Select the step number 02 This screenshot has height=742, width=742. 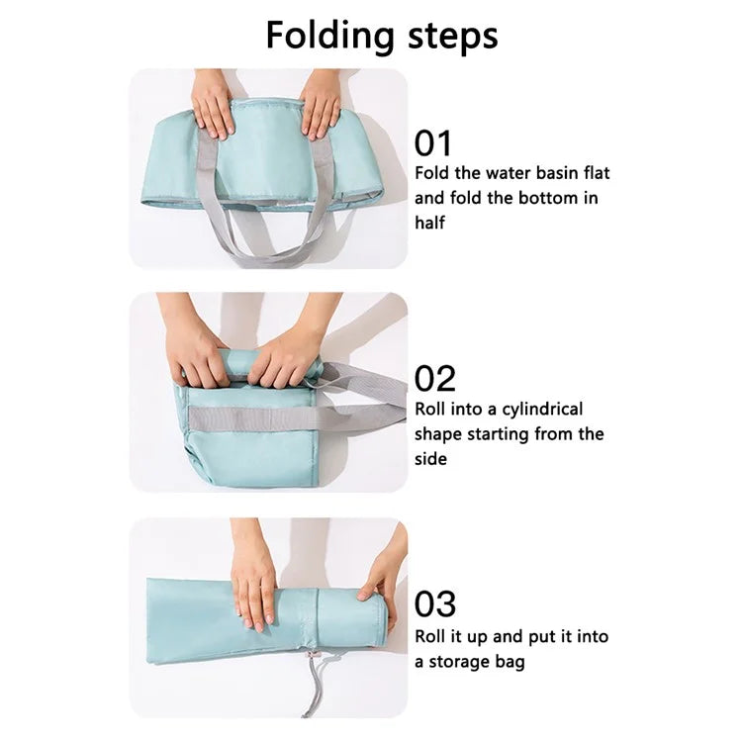(435, 379)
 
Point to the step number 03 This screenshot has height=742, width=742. (435, 603)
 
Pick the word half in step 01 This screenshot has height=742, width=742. (430, 223)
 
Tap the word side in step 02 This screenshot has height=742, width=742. (431, 458)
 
